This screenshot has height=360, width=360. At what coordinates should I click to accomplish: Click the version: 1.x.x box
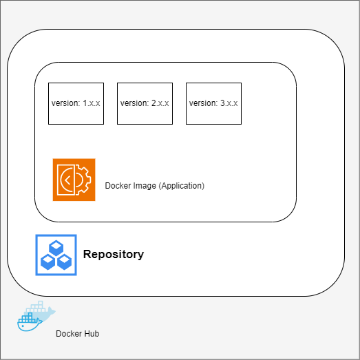(x=76, y=103)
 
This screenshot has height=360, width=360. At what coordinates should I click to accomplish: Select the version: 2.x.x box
(x=145, y=103)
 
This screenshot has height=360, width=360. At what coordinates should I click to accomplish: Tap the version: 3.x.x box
(x=214, y=103)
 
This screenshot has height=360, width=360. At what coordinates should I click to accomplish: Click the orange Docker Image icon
(x=74, y=180)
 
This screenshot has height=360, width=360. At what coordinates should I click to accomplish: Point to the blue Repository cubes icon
(x=56, y=255)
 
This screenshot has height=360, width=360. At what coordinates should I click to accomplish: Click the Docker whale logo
(x=36, y=316)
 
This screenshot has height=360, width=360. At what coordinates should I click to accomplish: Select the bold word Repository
(x=114, y=255)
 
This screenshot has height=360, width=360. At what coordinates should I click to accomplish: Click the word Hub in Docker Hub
(x=92, y=334)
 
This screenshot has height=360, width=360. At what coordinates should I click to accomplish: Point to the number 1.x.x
(x=92, y=103)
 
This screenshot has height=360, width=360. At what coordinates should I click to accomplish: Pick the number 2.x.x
(x=160, y=103)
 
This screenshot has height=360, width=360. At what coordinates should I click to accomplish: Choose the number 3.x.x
(x=229, y=103)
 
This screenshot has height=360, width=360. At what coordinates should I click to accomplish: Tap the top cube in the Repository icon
(x=56, y=248)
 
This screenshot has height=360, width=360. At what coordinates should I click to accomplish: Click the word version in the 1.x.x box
(x=65, y=103)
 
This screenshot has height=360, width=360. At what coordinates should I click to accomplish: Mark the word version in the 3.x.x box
(x=204, y=103)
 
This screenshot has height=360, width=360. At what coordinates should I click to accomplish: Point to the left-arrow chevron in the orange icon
(x=67, y=180)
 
